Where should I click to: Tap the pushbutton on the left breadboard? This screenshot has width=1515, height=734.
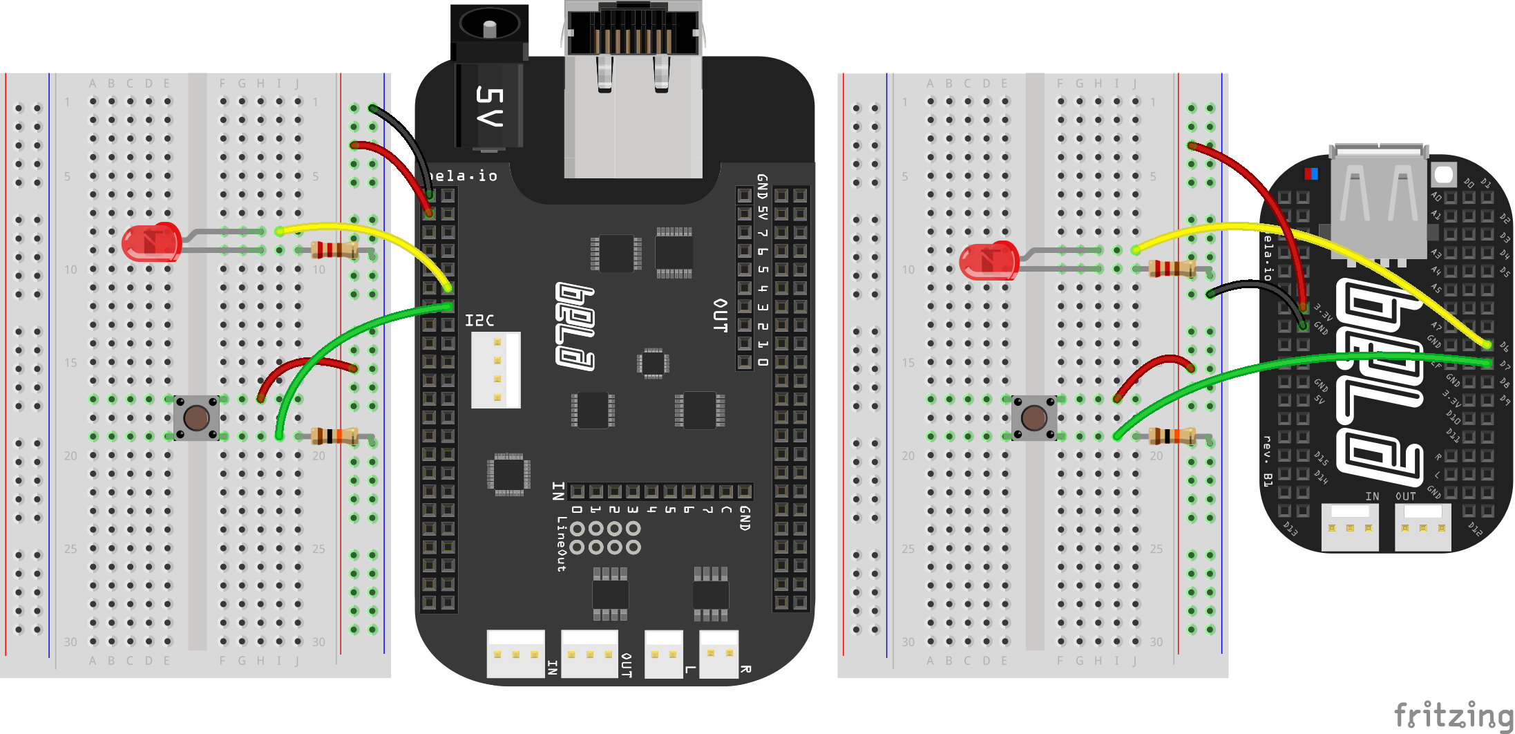pos(196,418)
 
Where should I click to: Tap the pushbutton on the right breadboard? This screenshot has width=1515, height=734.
pos(1033,418)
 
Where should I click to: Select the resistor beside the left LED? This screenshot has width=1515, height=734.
pos(334,250)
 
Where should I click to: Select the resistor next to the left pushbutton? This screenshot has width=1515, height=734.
pos(334,436)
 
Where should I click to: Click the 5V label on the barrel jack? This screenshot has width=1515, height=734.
pos(490,106)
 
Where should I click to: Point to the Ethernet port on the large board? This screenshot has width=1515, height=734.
pos(632,90)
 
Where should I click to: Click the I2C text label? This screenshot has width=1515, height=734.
pos(479,321)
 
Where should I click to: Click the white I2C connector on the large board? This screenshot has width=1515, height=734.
pos(496,370)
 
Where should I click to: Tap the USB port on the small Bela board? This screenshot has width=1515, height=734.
pos(1379,200)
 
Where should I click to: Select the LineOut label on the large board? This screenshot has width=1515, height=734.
pos(562,545)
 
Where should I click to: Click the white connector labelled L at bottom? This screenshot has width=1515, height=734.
pos(663,654)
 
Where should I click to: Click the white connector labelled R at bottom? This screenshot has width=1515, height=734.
pos(718,654)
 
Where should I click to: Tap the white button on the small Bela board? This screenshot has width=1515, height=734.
pos(1444,173)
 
